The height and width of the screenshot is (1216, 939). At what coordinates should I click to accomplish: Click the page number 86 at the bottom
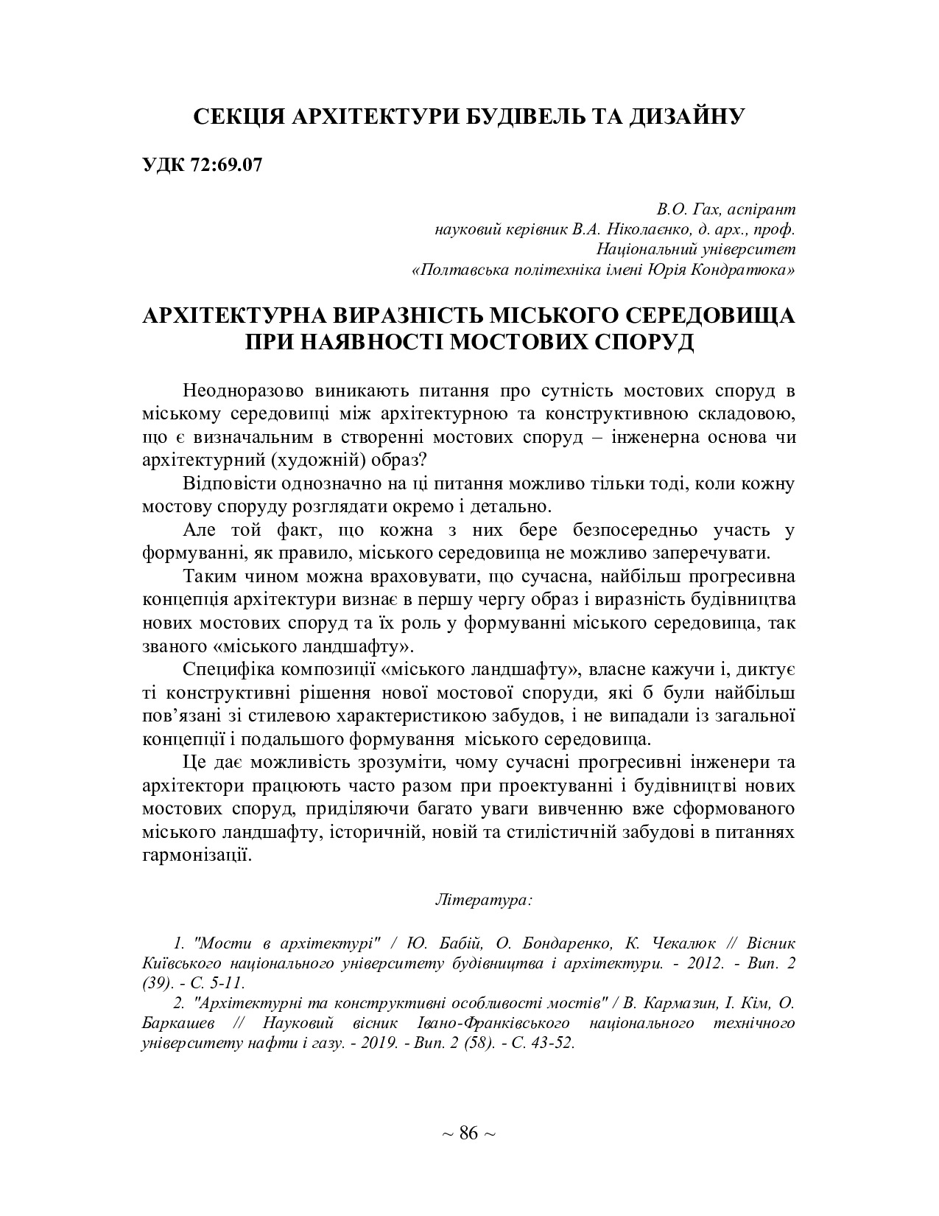468,1133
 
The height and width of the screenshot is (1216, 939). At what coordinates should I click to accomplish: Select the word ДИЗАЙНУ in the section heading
686,116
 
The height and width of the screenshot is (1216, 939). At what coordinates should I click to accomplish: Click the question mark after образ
421,458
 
